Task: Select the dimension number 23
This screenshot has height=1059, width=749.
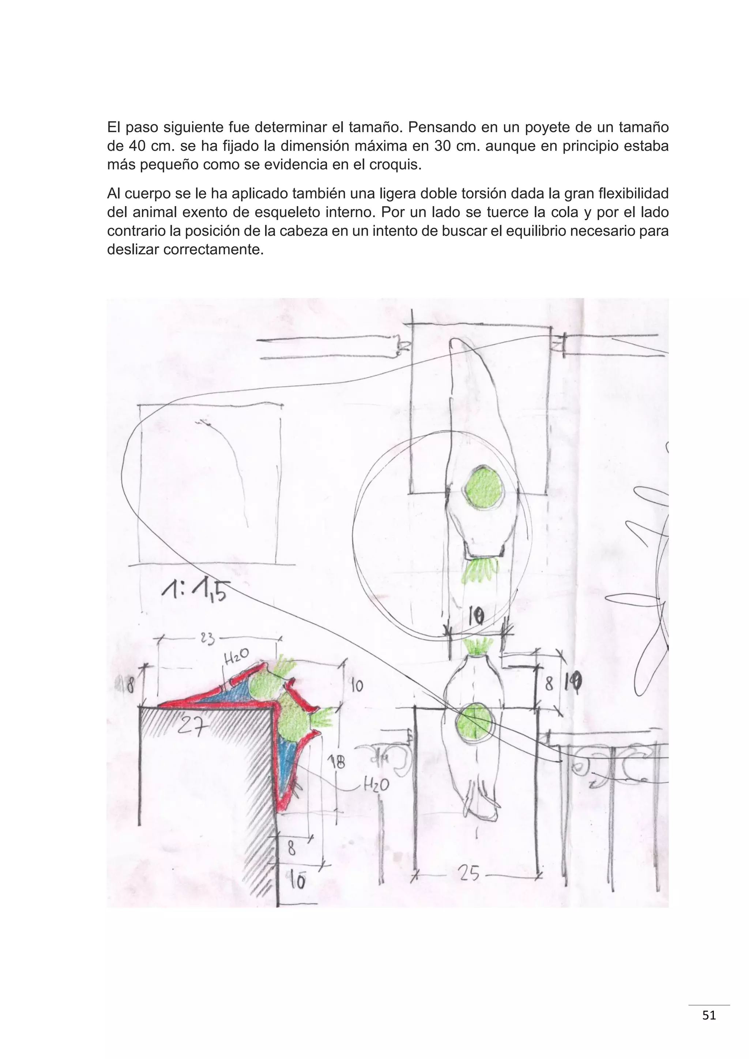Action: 207,639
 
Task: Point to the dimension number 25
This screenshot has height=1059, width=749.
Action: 469,873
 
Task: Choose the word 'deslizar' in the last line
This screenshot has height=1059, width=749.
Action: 133,250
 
